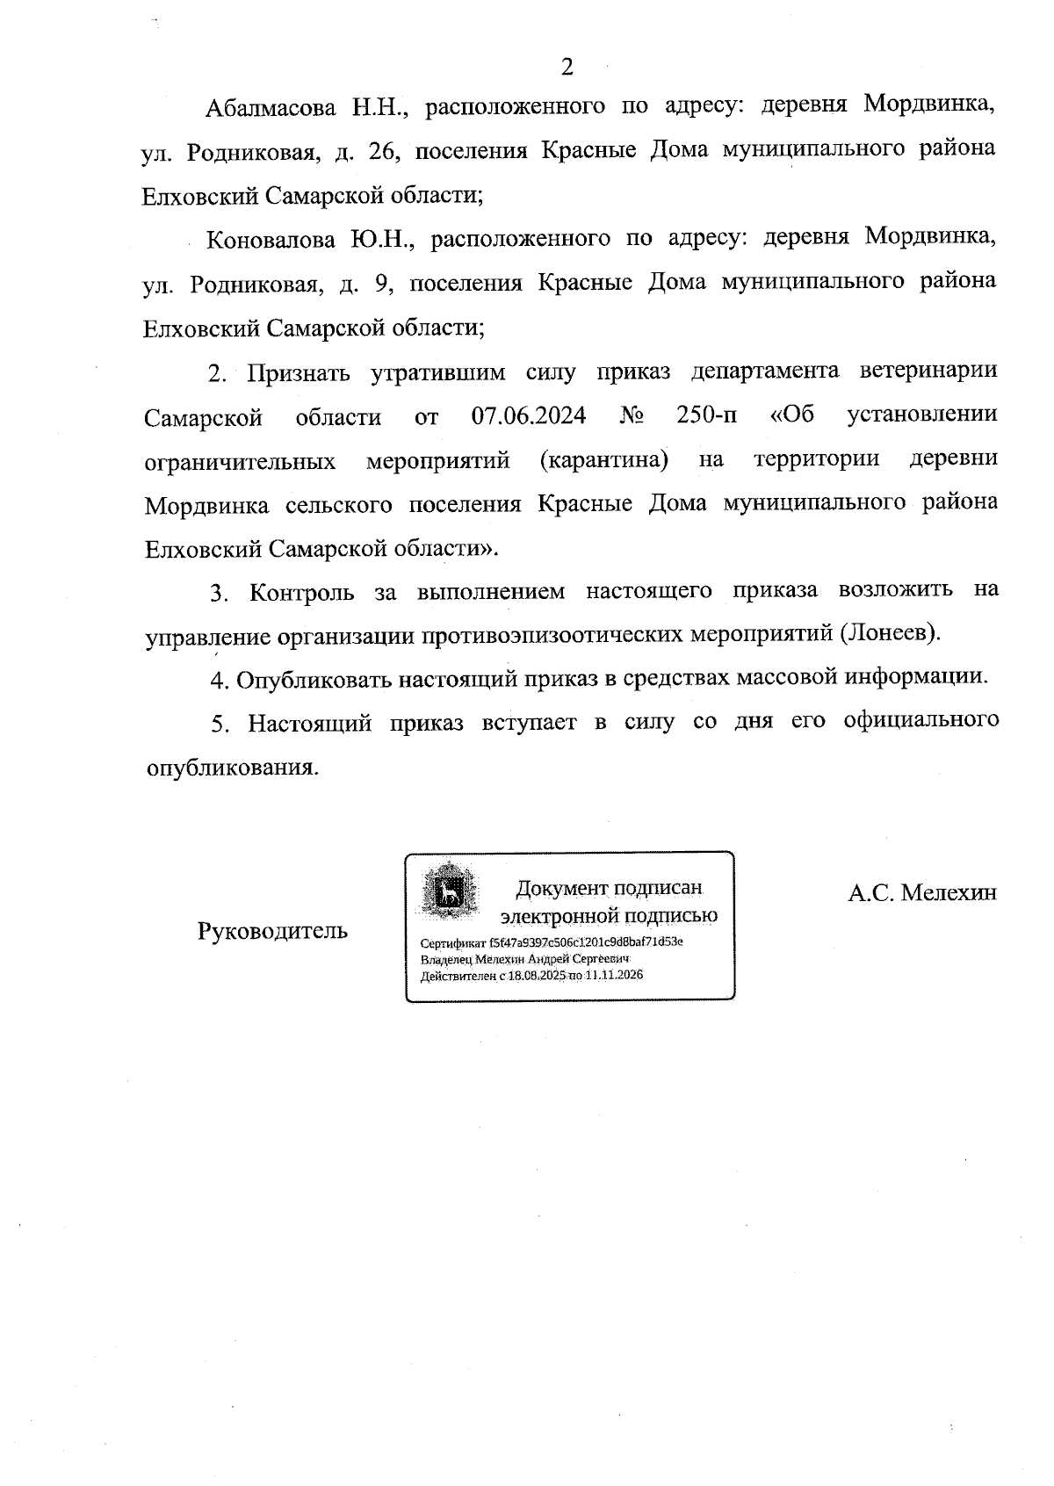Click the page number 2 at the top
(x=567, y=68)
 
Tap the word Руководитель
(x=272, y=931)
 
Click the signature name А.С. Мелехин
(x=922, y=893)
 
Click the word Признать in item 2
(x=298, y=373)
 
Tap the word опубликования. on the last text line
(x=231, y=768)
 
